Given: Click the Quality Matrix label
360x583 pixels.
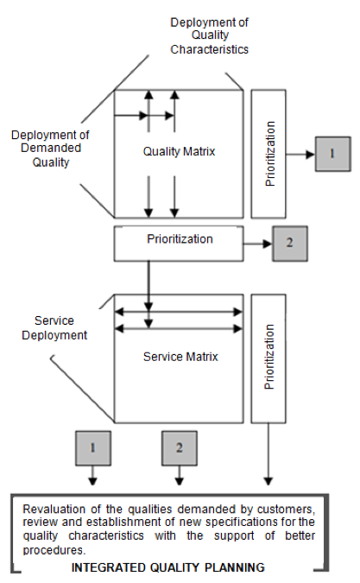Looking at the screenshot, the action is point(179,152).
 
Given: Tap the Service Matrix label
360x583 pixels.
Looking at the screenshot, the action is point(180,357).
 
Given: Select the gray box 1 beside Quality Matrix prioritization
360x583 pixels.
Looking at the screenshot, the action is point(333,154).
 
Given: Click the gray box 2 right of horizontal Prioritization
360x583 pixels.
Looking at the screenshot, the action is point(290,244).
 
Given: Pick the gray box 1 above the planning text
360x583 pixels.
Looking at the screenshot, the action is point(93,448).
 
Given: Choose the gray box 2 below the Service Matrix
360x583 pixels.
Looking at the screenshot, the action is point(180,448).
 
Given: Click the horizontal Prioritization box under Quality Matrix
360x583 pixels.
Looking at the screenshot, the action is point(179,244).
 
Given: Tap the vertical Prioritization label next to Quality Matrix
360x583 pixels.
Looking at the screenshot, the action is point(270,154).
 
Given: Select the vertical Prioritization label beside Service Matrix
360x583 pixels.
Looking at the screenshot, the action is point(269,357).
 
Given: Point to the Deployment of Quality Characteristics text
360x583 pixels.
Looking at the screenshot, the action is point(210,35).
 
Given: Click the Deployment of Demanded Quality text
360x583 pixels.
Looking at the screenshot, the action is point(50,149).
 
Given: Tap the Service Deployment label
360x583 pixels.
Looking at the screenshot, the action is point(54,328).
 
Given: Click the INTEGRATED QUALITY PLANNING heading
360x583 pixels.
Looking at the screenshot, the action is point(168,567).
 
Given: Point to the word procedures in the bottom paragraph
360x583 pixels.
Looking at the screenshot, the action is point(54,550).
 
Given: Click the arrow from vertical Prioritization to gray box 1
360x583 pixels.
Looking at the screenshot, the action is point(300,155).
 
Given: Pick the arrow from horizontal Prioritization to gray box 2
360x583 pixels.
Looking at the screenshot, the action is point(258,244).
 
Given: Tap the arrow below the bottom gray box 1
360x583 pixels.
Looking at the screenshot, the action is point(93,475).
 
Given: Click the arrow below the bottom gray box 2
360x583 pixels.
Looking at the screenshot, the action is point(180,475).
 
